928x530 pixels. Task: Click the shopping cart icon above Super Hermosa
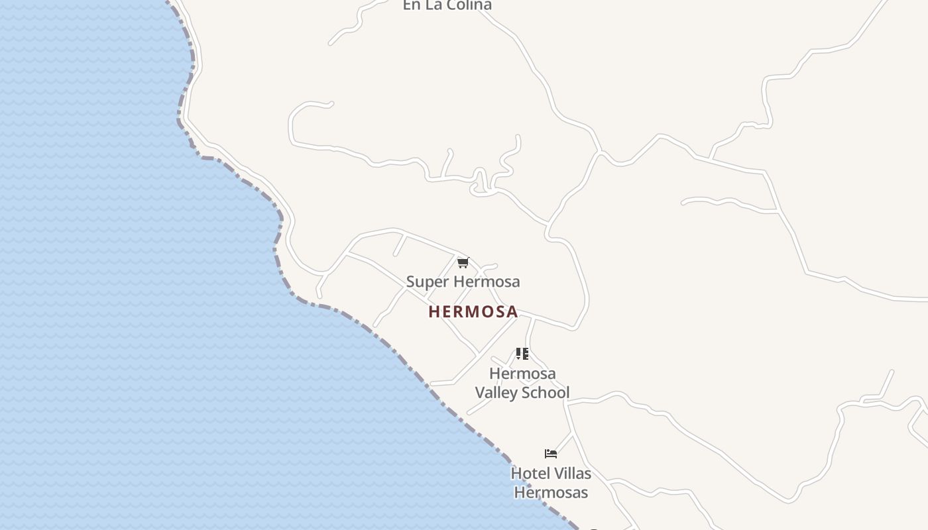463,263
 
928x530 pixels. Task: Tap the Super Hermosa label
463,282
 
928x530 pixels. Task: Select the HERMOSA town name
473,311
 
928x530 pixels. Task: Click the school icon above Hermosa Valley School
522,354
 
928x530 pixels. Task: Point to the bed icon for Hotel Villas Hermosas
551,454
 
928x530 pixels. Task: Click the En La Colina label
447,5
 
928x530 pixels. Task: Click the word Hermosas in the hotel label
551,493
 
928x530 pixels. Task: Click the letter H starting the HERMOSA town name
434,311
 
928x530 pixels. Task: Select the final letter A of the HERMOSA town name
512,311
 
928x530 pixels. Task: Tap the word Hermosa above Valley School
522,374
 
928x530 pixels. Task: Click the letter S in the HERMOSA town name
497,311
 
